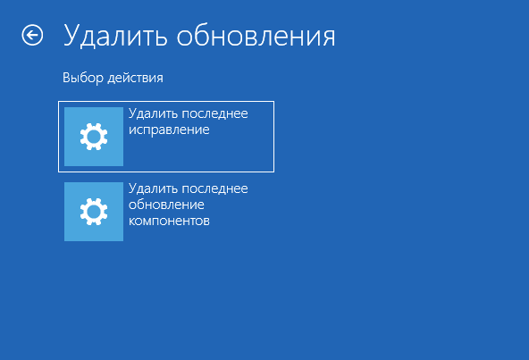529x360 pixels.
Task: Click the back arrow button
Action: (x=32, y=35)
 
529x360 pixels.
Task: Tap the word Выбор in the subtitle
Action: (x=80, y=79)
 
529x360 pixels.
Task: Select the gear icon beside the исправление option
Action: (x=94, y=137)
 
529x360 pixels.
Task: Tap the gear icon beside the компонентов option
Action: (x=94, y=212)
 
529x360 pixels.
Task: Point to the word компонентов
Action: (x=169, y=221)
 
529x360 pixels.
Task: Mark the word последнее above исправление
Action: (x=214, y=114)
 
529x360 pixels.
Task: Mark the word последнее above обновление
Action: (x=214, y=188)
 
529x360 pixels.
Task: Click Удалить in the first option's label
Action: (x=153, y=114)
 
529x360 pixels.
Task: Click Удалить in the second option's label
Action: (x=153, y=188)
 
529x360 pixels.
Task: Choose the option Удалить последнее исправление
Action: (x=166, y=137)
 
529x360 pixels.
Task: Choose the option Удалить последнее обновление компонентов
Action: (x=166, y=211)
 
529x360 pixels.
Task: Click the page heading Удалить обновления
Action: (x=199, y=36)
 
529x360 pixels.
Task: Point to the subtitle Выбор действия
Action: (x=113, y=79)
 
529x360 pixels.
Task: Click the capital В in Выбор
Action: (x=66, y=79)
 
